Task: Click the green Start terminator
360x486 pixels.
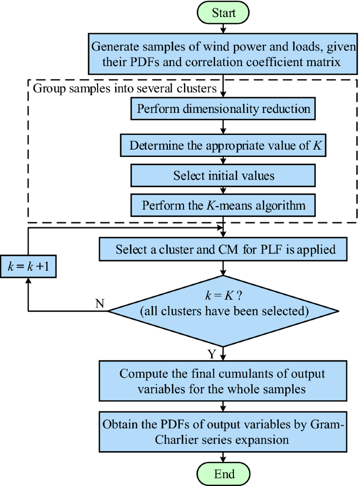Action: coord(223,12)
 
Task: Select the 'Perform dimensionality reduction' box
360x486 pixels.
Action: coord(223,109)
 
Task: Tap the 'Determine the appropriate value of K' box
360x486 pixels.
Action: coord(223,146)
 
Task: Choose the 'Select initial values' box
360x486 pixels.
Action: coord(223,175)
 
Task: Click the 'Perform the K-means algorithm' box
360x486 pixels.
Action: coord(223,205)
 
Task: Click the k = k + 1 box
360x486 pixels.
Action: coord(28,267)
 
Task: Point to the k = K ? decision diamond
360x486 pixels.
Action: coord(223,311)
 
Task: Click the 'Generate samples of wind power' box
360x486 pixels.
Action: coord(223,53)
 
